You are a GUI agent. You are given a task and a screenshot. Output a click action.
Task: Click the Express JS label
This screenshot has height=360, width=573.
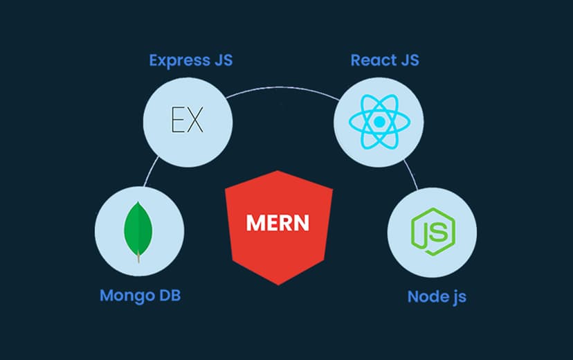click(190, 60)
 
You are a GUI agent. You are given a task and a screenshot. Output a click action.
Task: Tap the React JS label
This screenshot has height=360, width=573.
click(385, 60)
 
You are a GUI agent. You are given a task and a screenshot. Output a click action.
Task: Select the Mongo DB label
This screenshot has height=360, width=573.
click(144, 295)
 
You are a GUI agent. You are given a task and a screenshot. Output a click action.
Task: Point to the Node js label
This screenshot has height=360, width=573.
click(437, 296)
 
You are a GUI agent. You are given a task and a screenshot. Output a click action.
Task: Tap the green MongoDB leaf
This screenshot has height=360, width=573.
click(138, 229)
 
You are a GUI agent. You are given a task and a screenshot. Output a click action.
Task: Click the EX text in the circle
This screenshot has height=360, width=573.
click(187, 120)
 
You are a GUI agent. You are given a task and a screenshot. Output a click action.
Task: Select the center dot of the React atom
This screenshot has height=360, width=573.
click(379, 122)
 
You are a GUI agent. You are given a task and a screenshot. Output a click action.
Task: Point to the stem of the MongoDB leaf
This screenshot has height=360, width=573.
click(138, 258)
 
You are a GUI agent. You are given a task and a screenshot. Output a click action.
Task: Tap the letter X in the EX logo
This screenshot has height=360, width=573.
click(196, 120)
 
